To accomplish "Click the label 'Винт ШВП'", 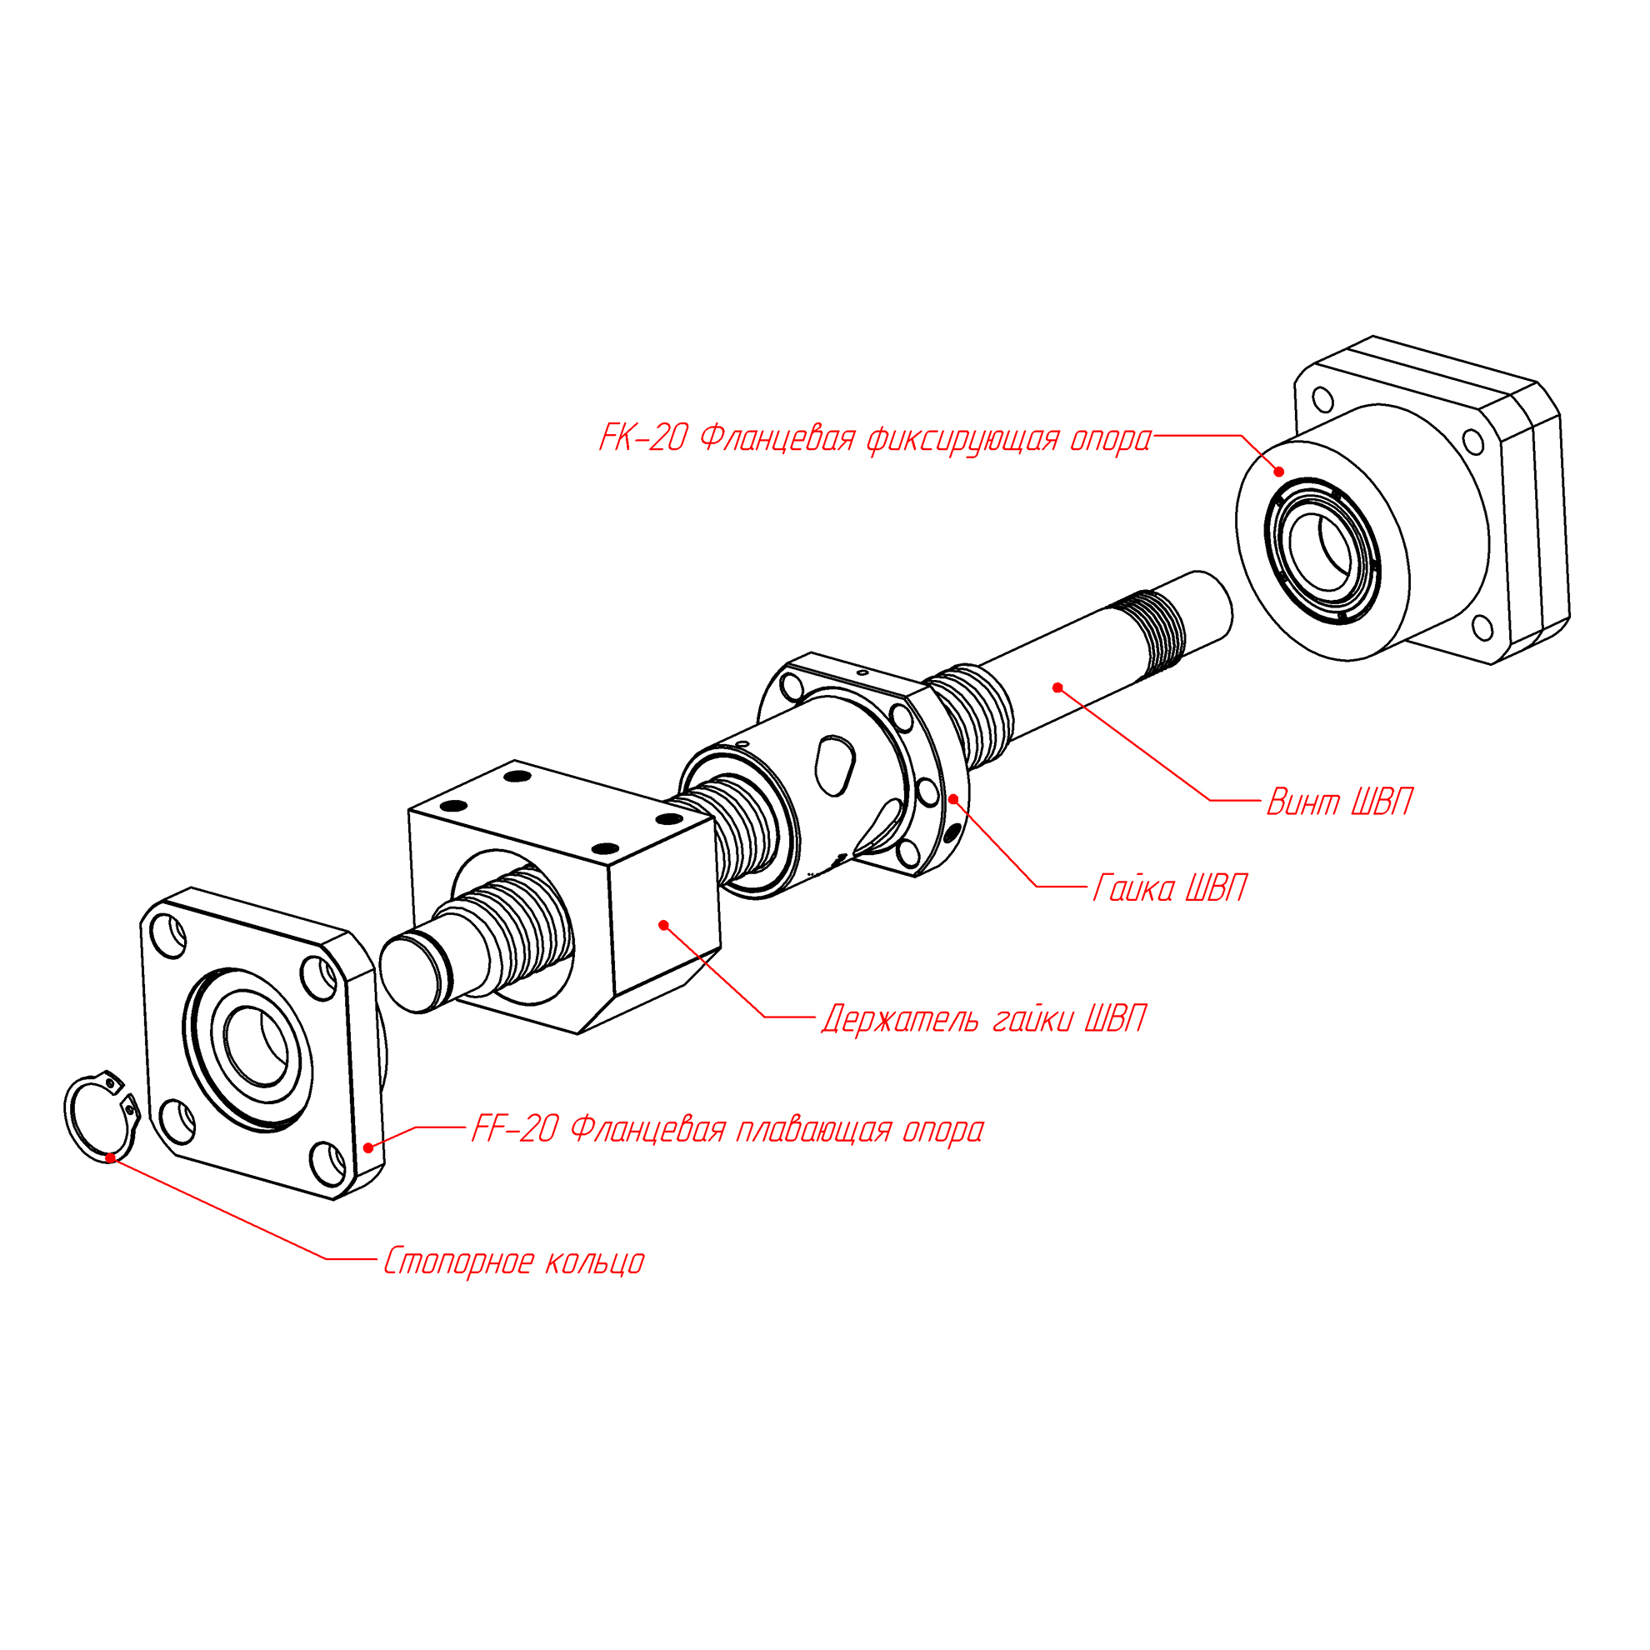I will coord(1338,802).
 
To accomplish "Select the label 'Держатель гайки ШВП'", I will coord(984,1020).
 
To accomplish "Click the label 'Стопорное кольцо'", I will coord(513,1262).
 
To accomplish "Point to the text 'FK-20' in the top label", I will coord(643,438).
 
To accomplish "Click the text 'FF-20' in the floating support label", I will coord(515,1130).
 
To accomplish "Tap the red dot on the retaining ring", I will coord(110,1157).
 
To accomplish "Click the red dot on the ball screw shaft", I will coord(1057,687).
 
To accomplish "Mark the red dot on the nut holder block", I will coord(663,924).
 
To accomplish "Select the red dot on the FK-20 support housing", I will coord(1278,472).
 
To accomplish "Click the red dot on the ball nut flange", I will coord(953,798).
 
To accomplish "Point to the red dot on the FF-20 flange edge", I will coord(368,1147).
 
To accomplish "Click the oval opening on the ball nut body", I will coord(834,762).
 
